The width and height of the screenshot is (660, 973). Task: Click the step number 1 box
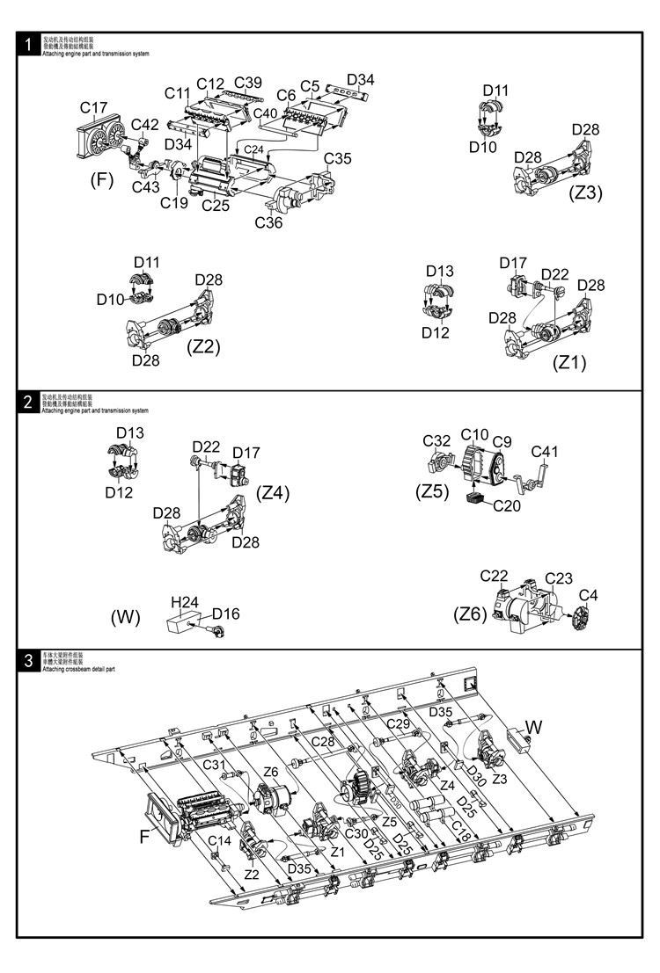coord(29,45)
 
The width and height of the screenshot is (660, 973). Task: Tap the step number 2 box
coord(29,403)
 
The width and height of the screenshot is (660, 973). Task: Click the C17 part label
coord(94,108)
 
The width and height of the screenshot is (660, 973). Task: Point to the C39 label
coord(248,83)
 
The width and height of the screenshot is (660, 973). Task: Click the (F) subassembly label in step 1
coord(103,180)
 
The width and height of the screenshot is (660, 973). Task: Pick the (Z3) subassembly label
coord(585,192)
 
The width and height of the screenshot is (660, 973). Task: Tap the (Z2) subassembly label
coord(203,346)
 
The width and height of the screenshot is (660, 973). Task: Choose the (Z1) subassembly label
coord(568,361)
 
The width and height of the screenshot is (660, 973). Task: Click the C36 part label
coord(268,222)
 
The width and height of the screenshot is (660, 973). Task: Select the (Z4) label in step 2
coord(273,492)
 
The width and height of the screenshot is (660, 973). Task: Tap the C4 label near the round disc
coord(588,595)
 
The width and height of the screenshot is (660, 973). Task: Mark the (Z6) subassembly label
coord(471,614)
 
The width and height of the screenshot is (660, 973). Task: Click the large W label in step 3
coord(534,726)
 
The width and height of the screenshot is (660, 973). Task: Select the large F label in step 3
coord(144,836)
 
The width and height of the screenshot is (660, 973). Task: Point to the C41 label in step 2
coord(545,452)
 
